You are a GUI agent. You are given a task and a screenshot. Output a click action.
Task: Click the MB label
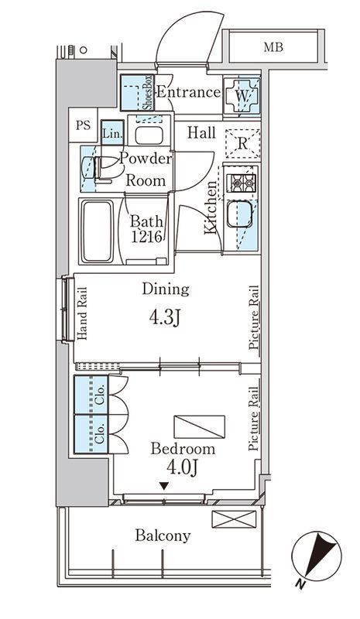pyautogui.click(x=273, y=47)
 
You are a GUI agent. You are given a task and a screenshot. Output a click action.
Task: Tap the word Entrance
pyautogui.click(x=188, y=92)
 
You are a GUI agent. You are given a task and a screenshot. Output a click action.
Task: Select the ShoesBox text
pyautogui.click(x=148, y=92)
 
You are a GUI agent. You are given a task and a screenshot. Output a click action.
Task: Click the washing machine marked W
pyautogui.click(x=242, y=94)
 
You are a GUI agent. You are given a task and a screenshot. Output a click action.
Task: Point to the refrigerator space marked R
pyautogui.click(x=242, y=144)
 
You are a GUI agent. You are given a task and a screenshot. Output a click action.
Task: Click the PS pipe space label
pyautogui.click(x=83, y=125)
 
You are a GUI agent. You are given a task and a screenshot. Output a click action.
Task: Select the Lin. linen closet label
pyautogui.click(x=112, y=133)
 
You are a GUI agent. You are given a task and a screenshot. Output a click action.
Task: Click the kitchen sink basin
pyautogui.click(x=240, y=214)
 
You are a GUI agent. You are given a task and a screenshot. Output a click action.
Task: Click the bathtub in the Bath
pyautogui.click(x=97, y=231)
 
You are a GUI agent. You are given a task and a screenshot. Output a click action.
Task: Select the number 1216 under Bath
pyautogui.click(x=146, y=237)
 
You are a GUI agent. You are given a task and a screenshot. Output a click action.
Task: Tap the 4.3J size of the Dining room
pyautogui.click(x=165, y=316)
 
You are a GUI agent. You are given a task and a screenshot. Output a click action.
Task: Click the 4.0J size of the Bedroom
pyautogui.click(x=182, y=468)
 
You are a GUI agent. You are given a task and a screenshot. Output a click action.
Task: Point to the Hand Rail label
pyautogui.click(x=82, y=313)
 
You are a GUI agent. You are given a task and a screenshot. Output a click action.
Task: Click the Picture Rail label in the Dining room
pyautogui.click(x=254, y=317)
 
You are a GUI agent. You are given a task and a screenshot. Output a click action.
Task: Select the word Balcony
pyautogui.click(x=163, y=535)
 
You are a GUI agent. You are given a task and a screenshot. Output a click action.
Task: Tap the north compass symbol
pyautogui.click(x=317, y=557)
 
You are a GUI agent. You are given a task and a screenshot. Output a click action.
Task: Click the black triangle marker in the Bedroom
pyautogui.click(x=164, y=486)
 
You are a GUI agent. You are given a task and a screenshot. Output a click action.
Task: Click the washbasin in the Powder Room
pyautogui.click(x=149, y=135)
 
